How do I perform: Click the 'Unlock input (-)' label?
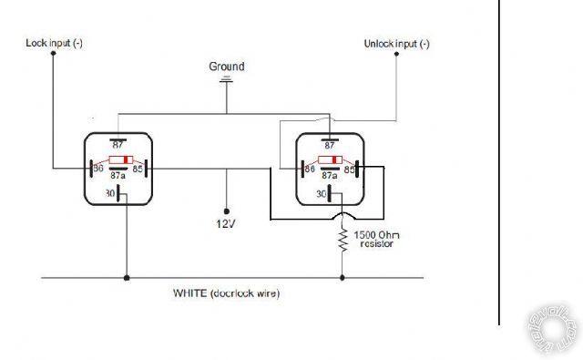pos(396,43)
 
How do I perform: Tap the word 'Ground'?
pos(227,67)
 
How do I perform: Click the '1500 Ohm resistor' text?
pos(377,240)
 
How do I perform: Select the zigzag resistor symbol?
pos(343,242)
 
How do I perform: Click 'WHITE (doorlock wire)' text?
pos(226,293)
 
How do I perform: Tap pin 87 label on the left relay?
pos(118,144)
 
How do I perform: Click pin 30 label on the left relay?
pos(111,192)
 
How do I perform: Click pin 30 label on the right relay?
pos(322,193)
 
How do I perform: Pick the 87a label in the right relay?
pos(330,180)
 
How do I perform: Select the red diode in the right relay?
pos(330,159)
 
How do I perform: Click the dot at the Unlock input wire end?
pos(397,54)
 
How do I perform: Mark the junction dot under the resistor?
pos(343,277)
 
